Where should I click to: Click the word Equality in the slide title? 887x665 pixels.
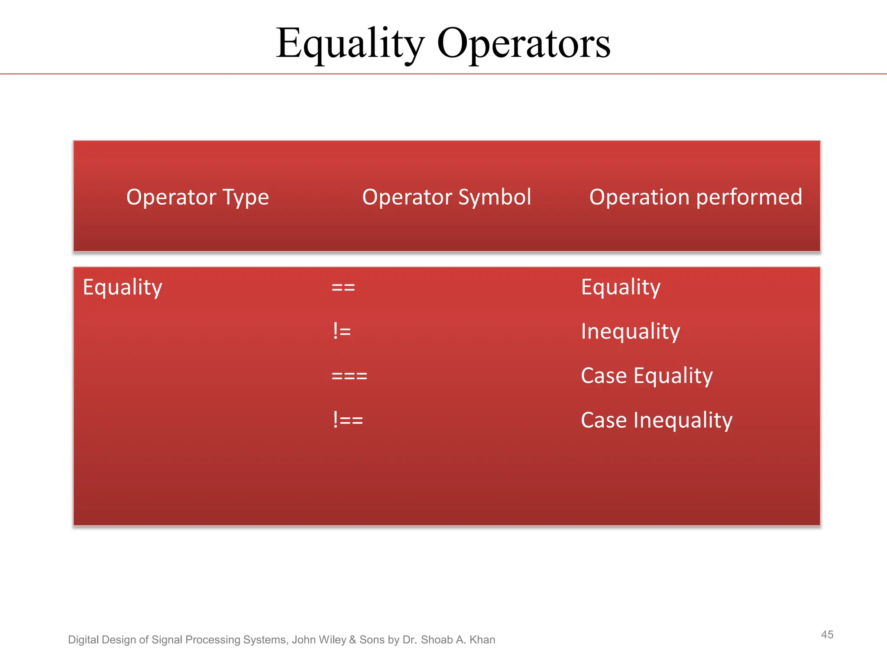pos(350,44)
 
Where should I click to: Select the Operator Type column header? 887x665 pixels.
pos(197,197)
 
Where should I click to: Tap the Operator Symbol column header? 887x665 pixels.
pos(447,197)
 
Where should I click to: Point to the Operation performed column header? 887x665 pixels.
pos(696,197)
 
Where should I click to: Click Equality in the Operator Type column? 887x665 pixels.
pos(123,287)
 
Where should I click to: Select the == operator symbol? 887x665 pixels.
pos(343,287)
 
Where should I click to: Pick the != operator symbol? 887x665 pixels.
pos(342,332)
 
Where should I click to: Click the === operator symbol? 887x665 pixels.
pos(349,376)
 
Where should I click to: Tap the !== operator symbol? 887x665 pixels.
pos(348,420)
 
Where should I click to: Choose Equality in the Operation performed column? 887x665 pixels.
pos(621,287)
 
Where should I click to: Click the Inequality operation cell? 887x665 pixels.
pos(630,332)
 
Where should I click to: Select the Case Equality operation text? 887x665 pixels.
pos(647,376)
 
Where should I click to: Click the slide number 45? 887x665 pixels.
pos(827,635)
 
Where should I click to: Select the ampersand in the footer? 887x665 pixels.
pos(353,640)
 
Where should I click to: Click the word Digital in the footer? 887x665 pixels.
pos(83,640)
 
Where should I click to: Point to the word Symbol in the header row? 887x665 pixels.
pos(494,197)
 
